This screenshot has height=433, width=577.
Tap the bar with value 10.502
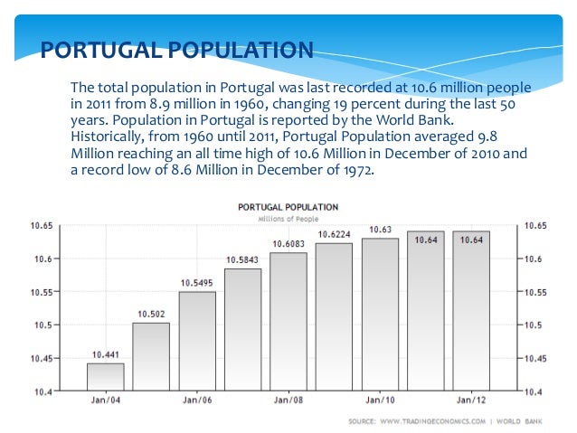click(151, 356)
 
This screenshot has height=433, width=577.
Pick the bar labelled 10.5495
click(197, 341)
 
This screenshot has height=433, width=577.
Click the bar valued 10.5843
click(242, 329)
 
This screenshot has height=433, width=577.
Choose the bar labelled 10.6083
click(288, 321)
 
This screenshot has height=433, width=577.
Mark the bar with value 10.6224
click(334, 316)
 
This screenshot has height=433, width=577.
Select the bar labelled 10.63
click(380, 314)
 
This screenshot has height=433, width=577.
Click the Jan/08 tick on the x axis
click(288, 400)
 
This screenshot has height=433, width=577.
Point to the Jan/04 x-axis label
click(106, 400)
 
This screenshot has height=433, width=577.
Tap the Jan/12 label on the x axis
click(470, 400)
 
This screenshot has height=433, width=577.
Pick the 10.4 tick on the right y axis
click(534, 391)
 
